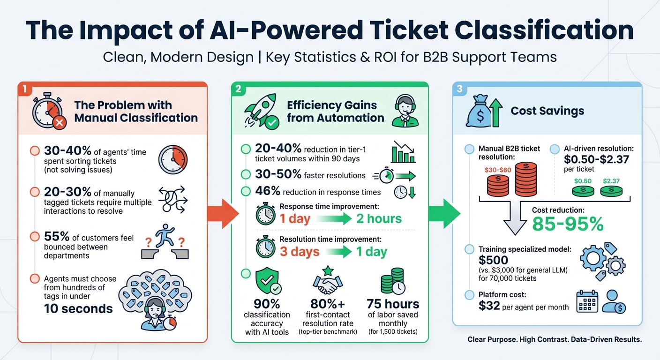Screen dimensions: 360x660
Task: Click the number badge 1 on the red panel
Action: coord(23,89)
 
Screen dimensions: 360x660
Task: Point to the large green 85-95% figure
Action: coord(568,224)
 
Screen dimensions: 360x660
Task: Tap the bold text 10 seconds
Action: coord(78,308)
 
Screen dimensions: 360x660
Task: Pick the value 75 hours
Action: coord(393,304)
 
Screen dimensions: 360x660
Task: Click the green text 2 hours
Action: coord(379,218)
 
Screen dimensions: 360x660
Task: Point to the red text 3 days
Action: coord(299,251)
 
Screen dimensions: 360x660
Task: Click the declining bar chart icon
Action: coord(403,151)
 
